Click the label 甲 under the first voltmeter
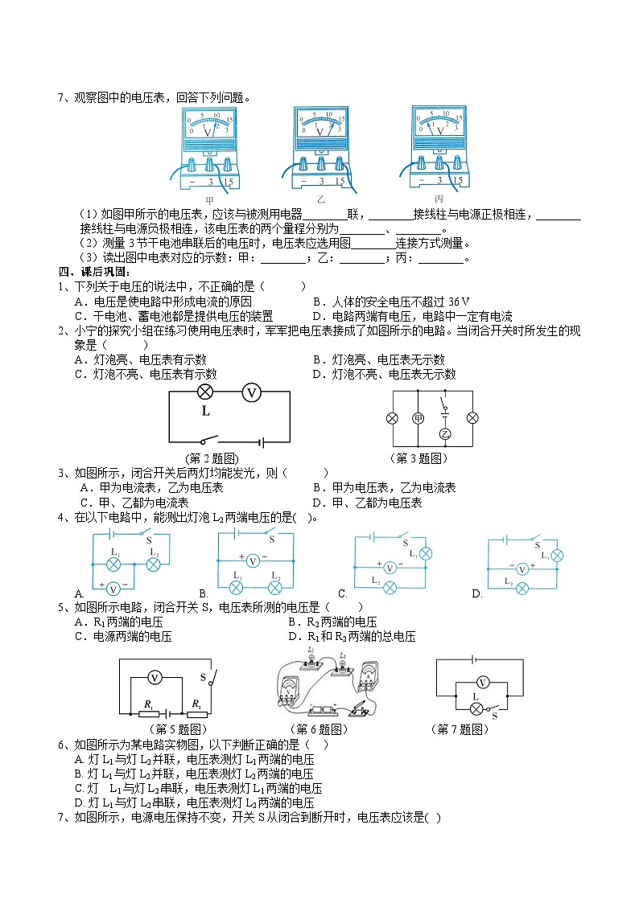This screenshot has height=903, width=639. tap(210, 200)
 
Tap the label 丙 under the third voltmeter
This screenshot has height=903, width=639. tap(439, 199)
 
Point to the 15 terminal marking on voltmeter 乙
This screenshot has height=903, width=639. tap(340, 182)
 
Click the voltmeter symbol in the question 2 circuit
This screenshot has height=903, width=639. tap(252, 392)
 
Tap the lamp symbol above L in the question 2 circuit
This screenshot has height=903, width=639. tap(205, 392)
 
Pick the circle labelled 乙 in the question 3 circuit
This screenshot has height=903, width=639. tap(444, 434)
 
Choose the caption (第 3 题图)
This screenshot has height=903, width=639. tap(418, 458)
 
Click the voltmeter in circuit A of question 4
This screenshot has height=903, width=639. tap(113, 588)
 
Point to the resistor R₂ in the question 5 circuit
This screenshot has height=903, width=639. tap(196, 712)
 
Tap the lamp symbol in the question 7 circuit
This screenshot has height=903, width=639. tap(476, 708)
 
